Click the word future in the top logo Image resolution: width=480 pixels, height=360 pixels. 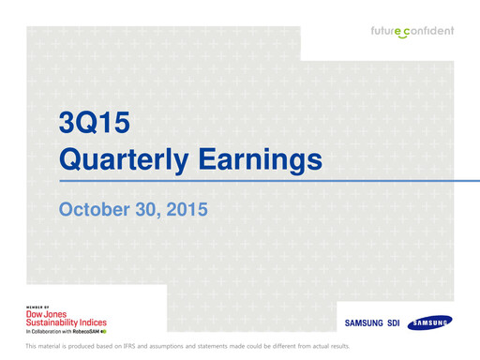coord(387,30)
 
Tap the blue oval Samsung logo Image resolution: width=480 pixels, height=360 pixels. coord(429,322)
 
